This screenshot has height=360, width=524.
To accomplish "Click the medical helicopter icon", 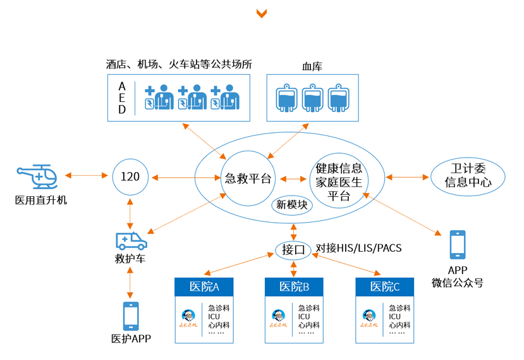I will point(37,177).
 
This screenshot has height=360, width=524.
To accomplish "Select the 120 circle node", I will point(130,177).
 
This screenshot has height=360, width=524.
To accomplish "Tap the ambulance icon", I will point(131,240).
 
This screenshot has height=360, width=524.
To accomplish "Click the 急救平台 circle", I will point(248,178).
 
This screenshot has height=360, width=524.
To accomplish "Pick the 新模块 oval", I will point(293,205).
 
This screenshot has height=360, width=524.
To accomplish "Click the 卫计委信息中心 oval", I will point(467,177).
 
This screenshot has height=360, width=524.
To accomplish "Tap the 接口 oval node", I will point(293,249).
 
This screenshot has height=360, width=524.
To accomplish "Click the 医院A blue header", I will point(204,287).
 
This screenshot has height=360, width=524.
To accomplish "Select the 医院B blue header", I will point(294,287).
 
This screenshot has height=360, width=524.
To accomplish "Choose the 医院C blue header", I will point(384,287).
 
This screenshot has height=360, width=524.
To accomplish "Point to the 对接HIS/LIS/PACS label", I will point(358,248).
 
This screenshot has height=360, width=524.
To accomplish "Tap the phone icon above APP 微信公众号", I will point(457,245).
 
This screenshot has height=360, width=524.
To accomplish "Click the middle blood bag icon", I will point(312,97).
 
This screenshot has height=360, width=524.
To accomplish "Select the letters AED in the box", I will point(123,97).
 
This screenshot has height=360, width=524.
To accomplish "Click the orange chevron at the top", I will point(261,13).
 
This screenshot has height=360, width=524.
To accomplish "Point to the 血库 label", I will point(312,66).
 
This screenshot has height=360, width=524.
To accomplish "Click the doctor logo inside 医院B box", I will point(278,317).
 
